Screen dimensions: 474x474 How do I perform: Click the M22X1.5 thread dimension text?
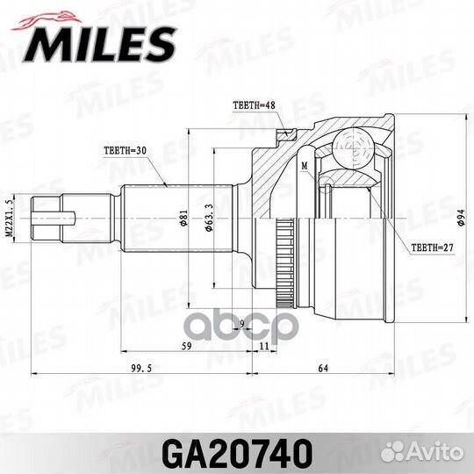[11, 215]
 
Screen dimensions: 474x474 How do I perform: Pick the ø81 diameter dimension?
[182, 216]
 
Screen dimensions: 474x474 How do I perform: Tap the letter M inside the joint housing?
[304, 164]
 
